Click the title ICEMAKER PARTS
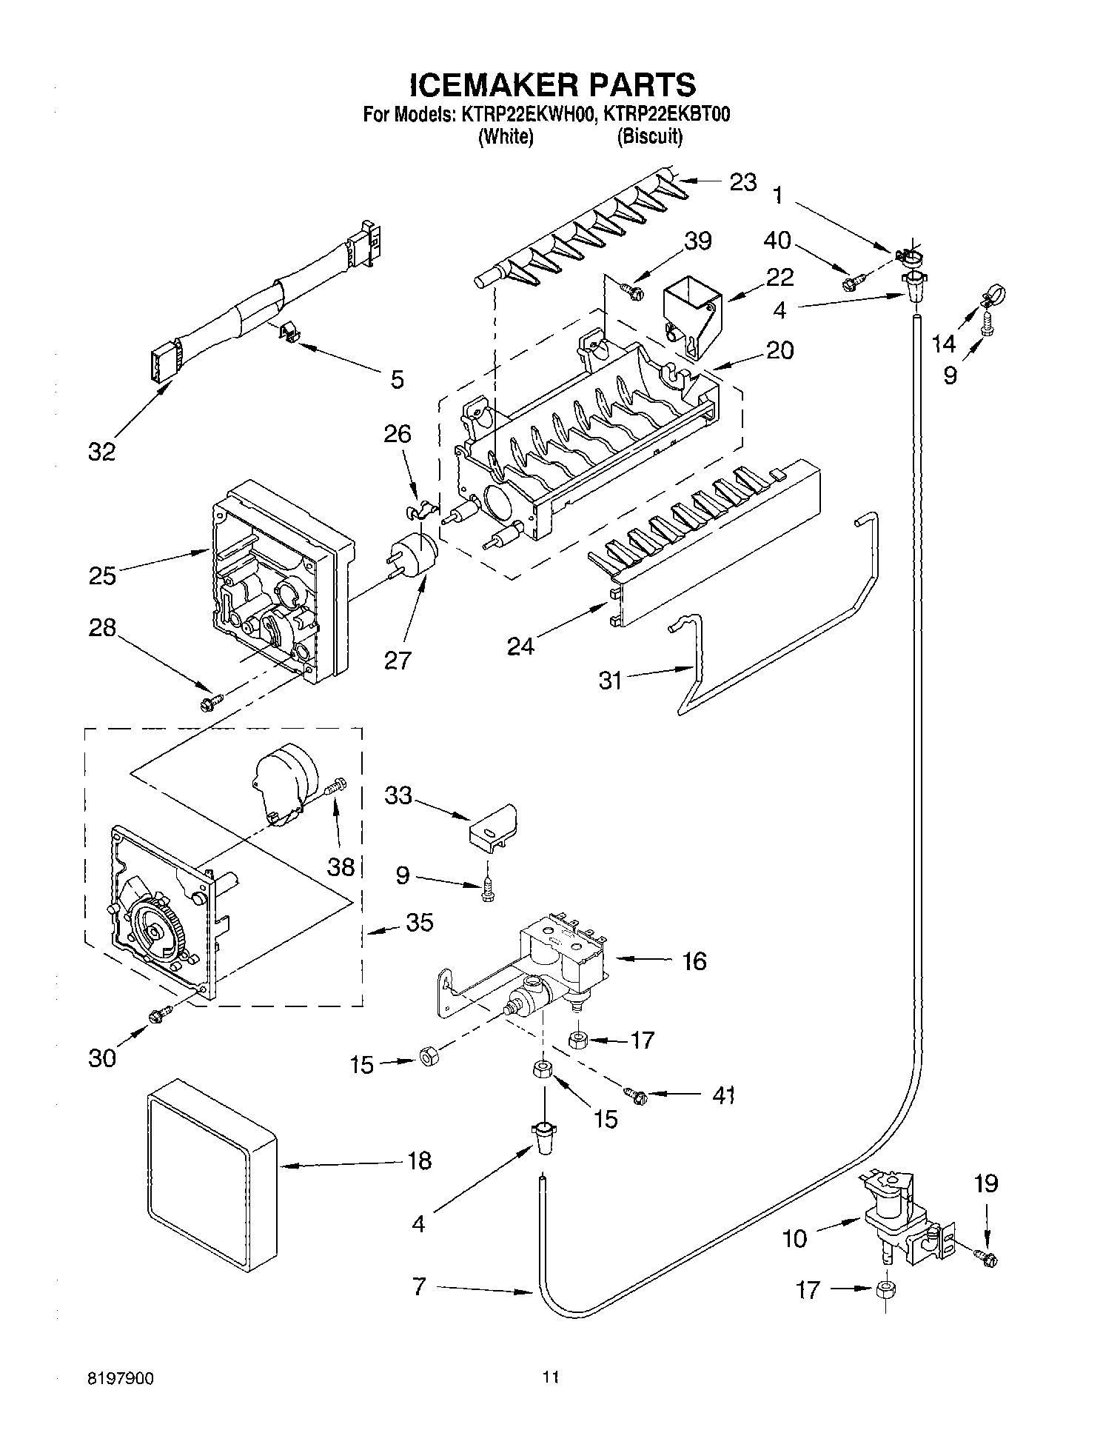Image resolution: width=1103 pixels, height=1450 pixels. pyautogui.click(x=552, y=84)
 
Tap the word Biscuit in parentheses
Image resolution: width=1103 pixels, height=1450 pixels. pyautogui.click(x=649, y=137)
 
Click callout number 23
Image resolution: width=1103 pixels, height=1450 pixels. pyautogui.click(x=742, y=182)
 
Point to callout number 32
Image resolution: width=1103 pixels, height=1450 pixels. pyautogui.click(x=102, y=451)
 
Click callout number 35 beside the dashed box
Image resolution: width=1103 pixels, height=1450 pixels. pyautogui.click(x=419, y=923)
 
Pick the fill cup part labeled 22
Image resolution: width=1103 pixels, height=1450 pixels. pyautogui.click(x=691, y=313)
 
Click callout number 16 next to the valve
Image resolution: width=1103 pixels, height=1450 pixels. pyautogui.click(x=694, y=961)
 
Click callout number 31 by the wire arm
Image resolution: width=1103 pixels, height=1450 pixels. pyautogui.click(x=610, y=680)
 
